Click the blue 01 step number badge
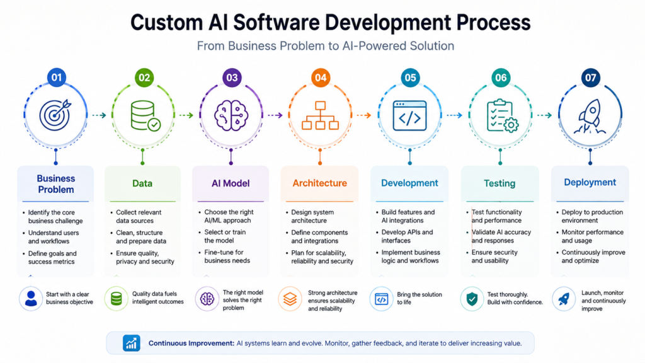click(56, 78)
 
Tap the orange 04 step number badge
click(321, 78)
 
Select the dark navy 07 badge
click(590, 78)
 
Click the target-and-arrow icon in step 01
click(55, 115)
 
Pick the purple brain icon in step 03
click(231, 116)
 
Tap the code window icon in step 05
click(409, 116)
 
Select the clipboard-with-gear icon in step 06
click(502, 116)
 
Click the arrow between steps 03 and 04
click(275, 115)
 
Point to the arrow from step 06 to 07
click(545, 115)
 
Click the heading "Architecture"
click(319, 183)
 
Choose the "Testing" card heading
click(499, 183)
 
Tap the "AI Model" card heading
click(231, 183)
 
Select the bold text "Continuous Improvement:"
click(191, 343)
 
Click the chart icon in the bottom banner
click(131, 343)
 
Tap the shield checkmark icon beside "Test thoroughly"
click(472, 299)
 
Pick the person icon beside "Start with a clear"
click(31, 298)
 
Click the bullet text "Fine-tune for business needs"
click(227, 256)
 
